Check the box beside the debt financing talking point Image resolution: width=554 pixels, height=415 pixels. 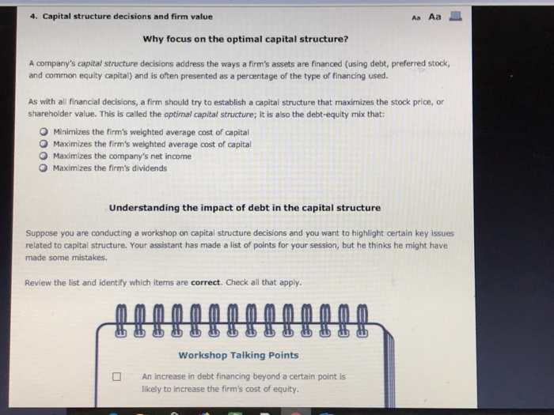tap(116, 378)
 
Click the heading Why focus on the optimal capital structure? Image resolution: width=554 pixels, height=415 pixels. tap(245, 39)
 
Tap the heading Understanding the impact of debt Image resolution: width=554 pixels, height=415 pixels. tap(245, 208)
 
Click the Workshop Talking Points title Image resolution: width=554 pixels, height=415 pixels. tap(238, 355)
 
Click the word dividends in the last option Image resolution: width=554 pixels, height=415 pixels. tap(150, 168)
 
